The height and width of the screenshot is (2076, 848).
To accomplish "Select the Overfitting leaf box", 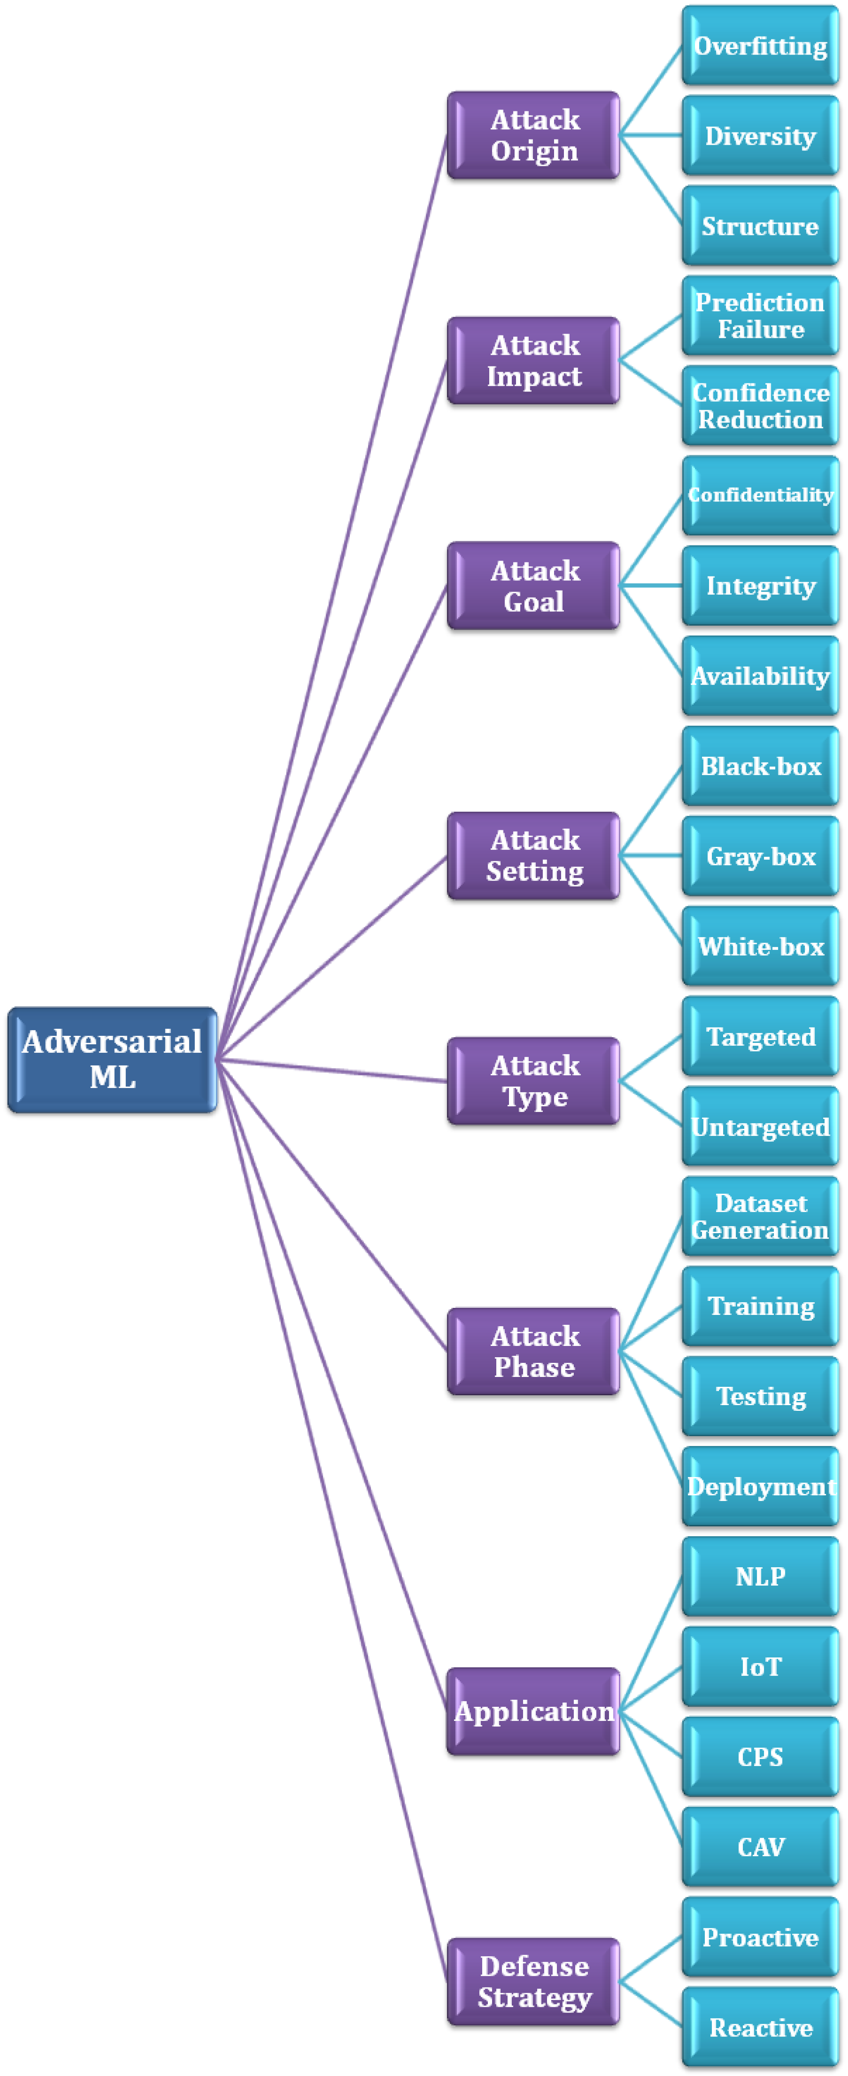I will (760, 46).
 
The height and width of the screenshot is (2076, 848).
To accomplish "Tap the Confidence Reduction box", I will (760, 405).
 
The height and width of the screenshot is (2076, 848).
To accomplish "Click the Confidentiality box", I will (760, 495).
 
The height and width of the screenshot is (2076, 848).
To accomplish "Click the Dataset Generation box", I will (760, 1216).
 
